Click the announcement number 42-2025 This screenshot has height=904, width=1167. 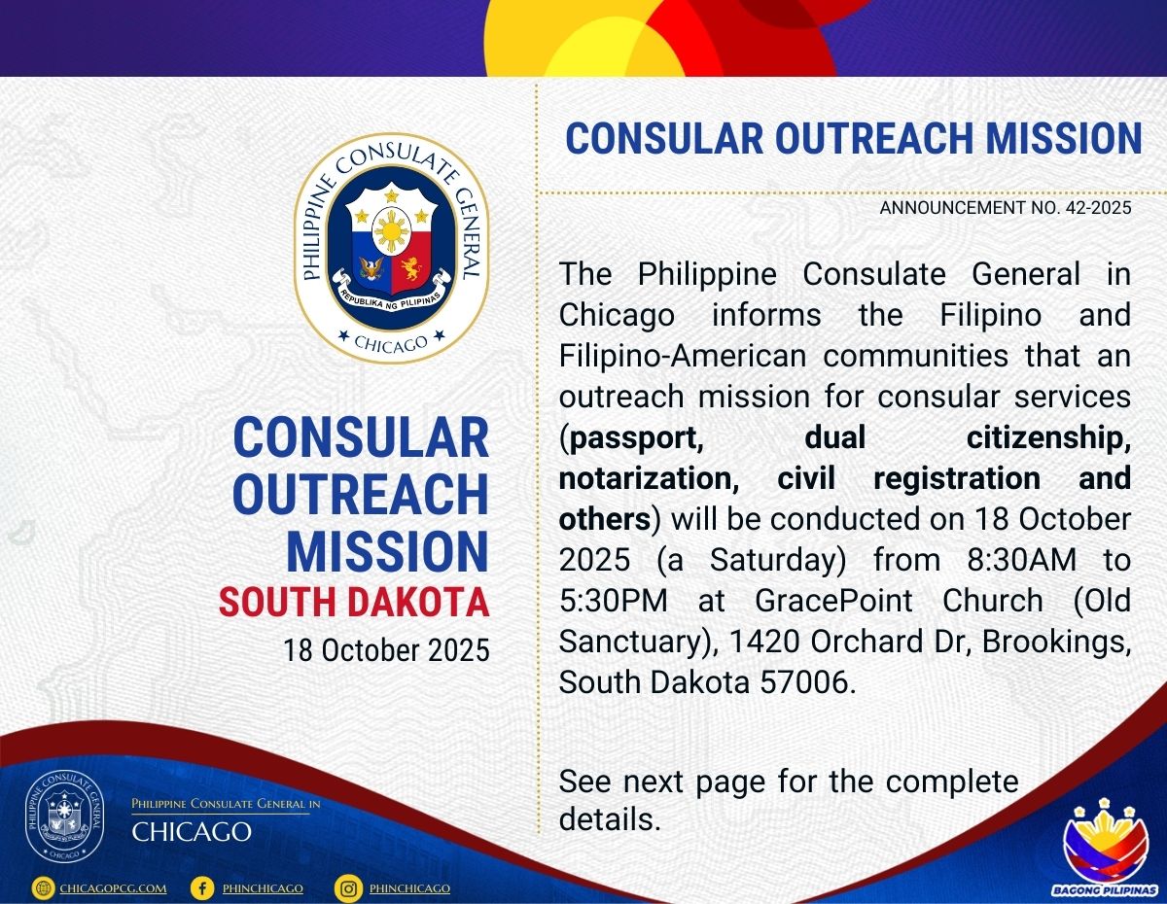pos(1100,207)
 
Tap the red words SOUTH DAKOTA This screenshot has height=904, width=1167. pos(354,602)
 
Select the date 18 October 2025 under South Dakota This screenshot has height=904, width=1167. pos(387,650)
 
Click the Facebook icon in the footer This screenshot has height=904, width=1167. pos(202,888)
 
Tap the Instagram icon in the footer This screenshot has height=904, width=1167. pos(348,888)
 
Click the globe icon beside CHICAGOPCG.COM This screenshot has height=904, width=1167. pos(43,888)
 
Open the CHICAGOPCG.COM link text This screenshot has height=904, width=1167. pos(114,888)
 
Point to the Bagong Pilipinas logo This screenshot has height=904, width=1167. pos(1105,850)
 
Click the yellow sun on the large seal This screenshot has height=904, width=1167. pos(392,232)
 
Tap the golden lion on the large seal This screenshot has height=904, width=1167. pos(410,268)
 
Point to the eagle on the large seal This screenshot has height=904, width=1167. pos(371,268)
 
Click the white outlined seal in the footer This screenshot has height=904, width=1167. pos(65,817)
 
